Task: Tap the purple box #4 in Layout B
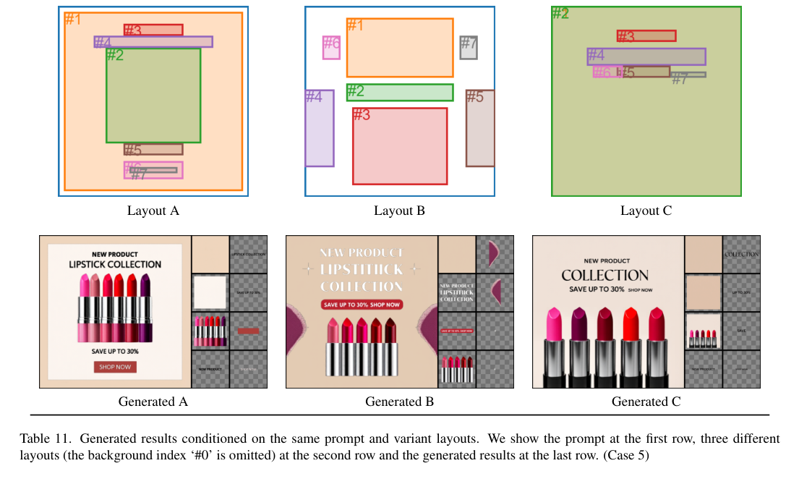tap(319, 128)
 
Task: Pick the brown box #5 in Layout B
tap(480, 128)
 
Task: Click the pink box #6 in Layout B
tap(331, 47)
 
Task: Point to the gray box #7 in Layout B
tap(469, 47)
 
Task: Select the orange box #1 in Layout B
tap(400, 48)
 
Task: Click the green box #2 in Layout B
tap(400, 92)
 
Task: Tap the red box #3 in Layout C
tap(646, 35)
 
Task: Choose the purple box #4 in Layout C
tap(646, 56)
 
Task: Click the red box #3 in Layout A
tap(153, 30)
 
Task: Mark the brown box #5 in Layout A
tap(153, 149)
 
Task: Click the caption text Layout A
tap(153, 211)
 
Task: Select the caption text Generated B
tap(399, 402)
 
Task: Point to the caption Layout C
tap(646, 211)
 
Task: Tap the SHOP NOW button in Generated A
tap(115, 367)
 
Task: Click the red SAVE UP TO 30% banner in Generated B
tap(362, 305)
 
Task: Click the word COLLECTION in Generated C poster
tap(605, 275)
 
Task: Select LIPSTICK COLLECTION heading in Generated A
tap(115, 264)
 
